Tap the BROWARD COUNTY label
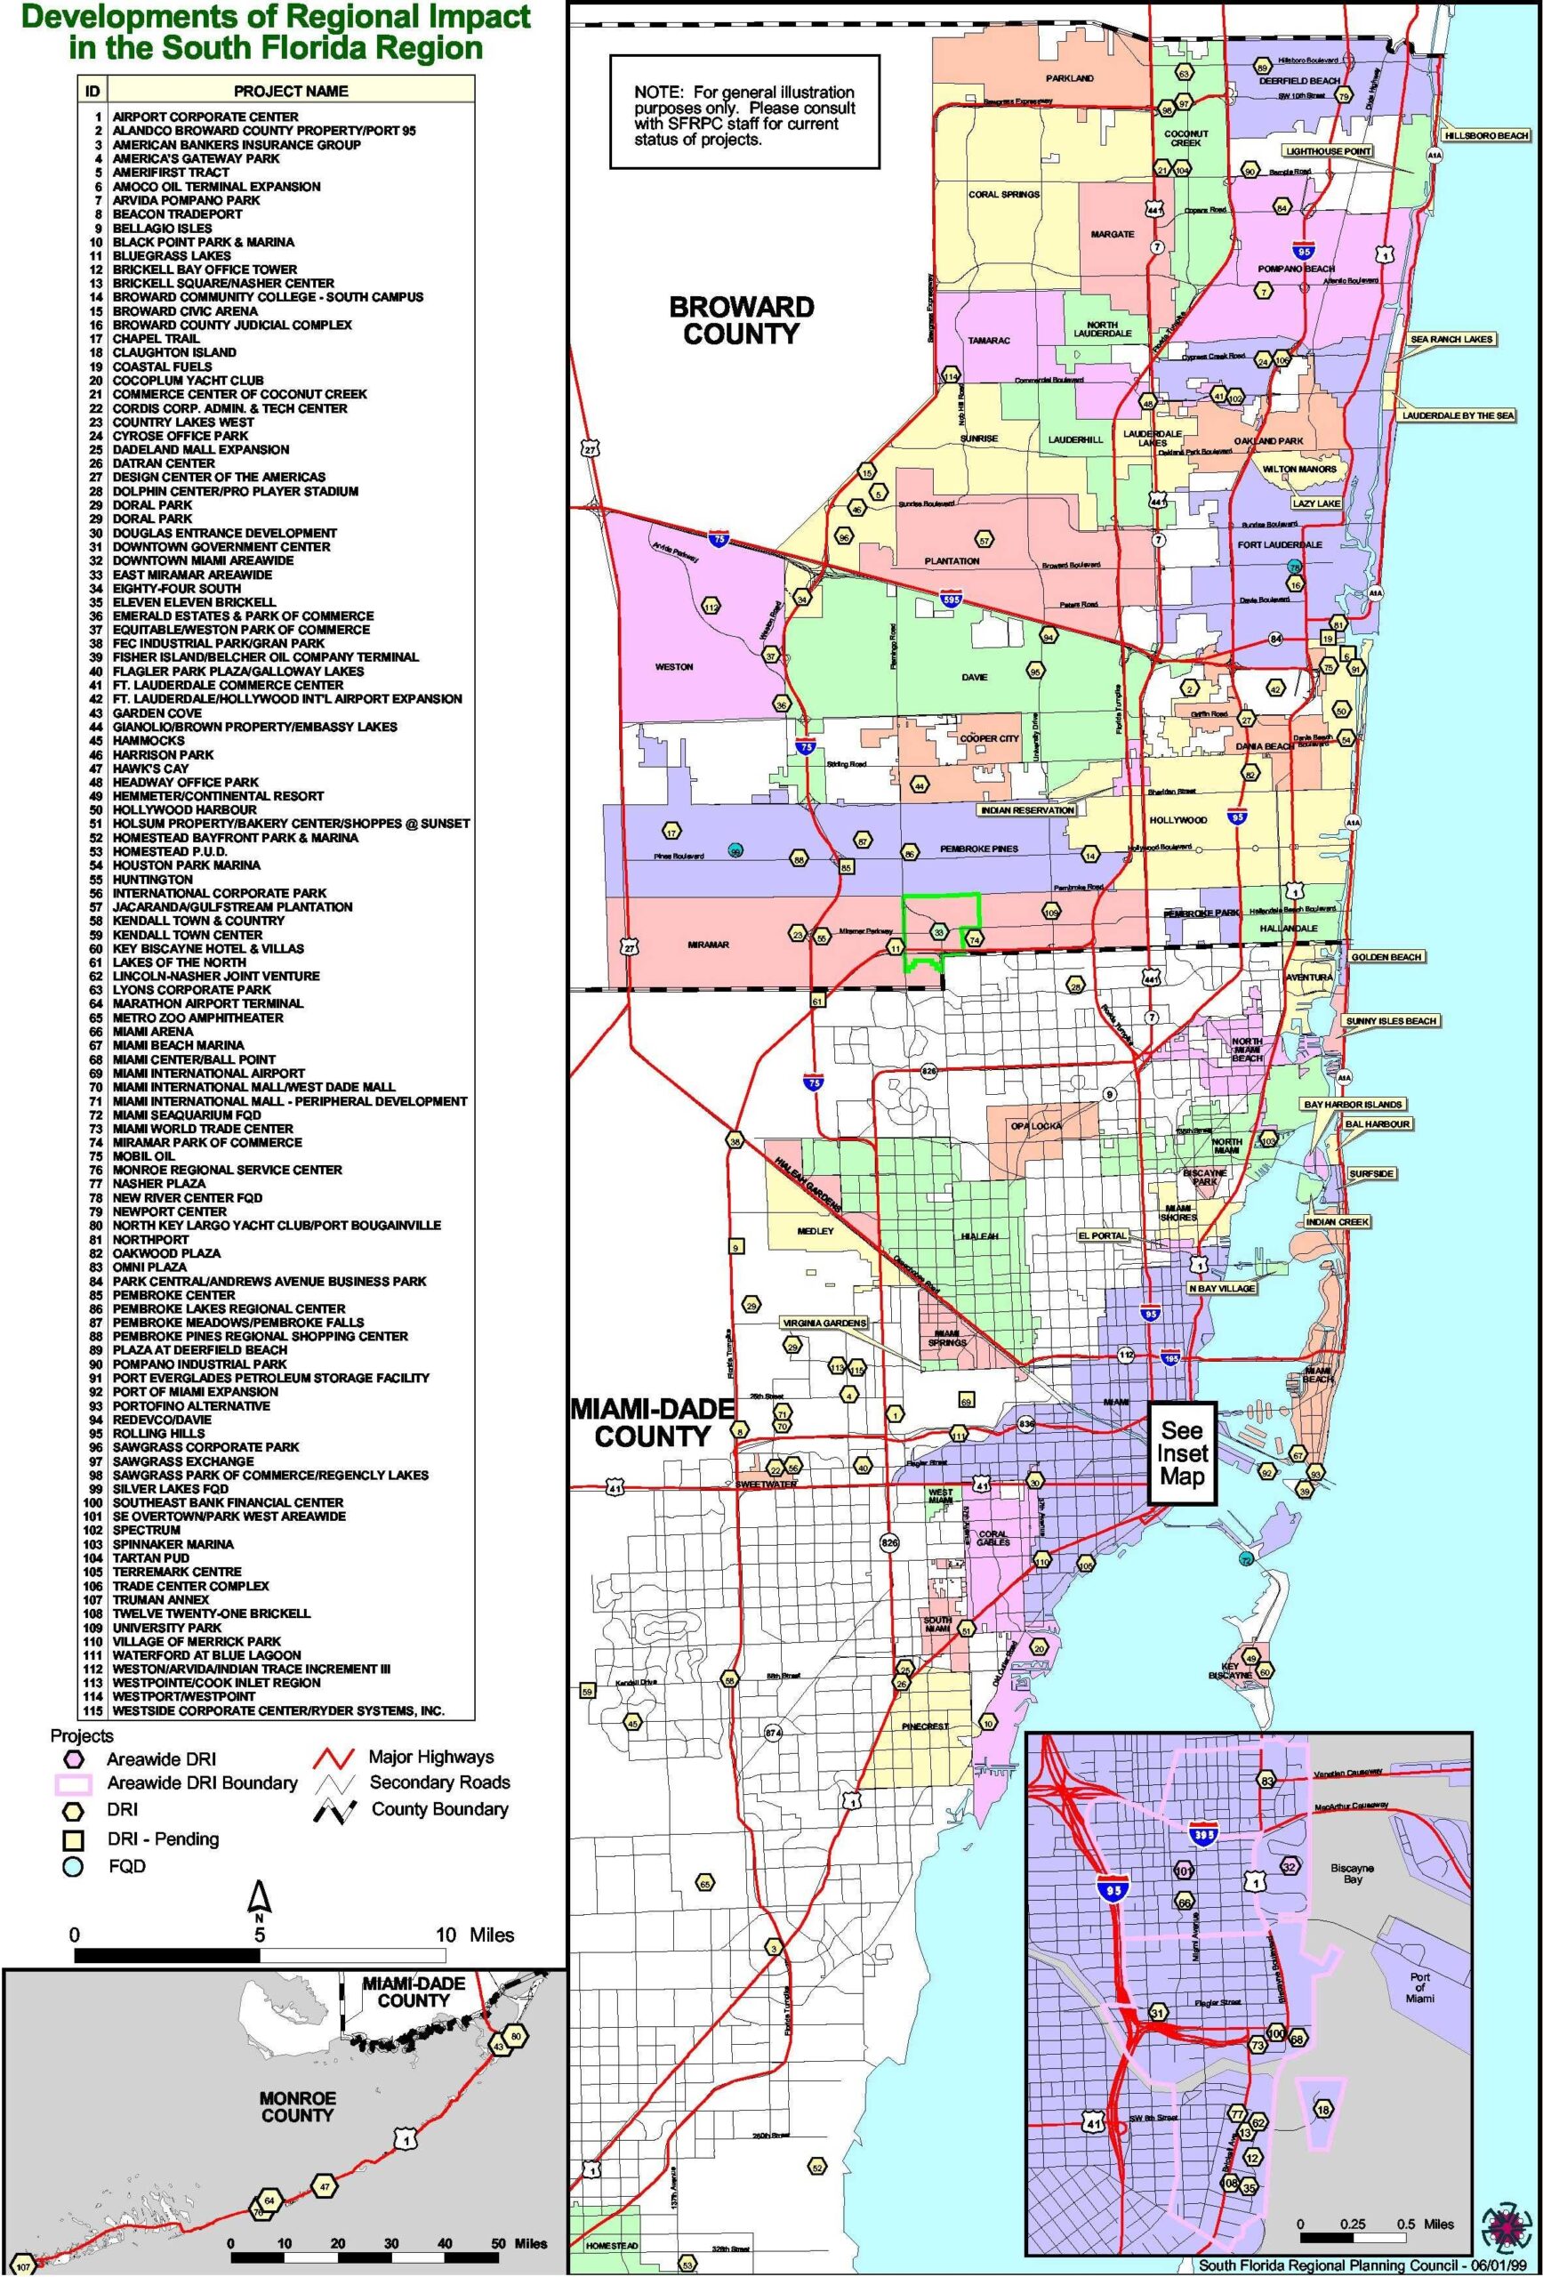click(x=742, y=320)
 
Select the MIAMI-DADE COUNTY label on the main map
click(x=653, y=1422)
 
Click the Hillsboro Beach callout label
click(x=1486, y=135)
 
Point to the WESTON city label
click(x=673, y=666)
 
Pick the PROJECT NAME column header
click(x=290, y=91)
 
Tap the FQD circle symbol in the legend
click(x=73, y=1866)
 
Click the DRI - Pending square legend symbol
click(x=73, y=1838)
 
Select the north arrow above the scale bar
click(x=260, y=1899)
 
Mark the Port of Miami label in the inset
click(x=1419, y=1987)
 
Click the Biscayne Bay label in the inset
click(x=1352, y=1873)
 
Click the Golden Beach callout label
click(x=1386, y=956)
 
